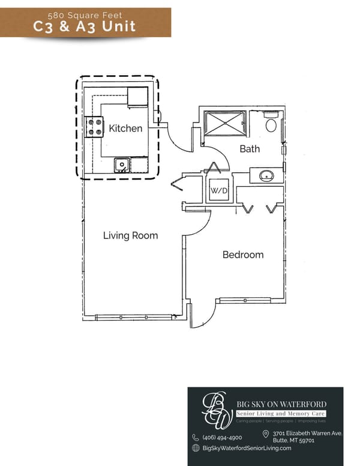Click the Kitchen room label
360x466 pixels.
coord(125,129)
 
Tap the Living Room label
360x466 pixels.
coord(130,235)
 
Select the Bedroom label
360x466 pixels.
coord(242,255)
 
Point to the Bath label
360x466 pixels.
coord(250,149)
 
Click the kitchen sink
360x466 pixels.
coord(122,163)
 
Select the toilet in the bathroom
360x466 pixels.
coord(271,124)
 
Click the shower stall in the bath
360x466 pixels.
coord(223,124)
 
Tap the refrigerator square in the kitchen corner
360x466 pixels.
coord(137,97)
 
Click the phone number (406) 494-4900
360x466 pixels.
coord(222,437)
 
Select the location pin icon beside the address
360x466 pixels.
coord(266,434)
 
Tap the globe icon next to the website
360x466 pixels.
coord(196,448)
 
